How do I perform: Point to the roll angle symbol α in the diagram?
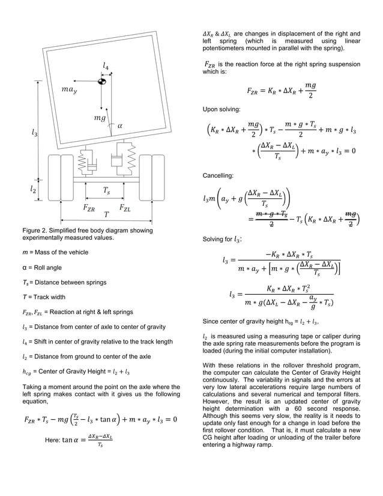click(x=119, y=126)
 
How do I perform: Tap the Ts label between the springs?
click(x=106, y=191)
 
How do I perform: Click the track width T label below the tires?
click(x=106, y=214)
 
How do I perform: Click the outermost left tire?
click(x=52, y=178)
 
